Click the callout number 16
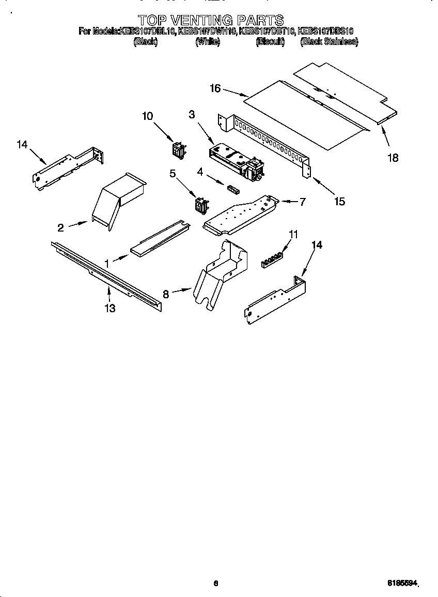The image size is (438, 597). tap(215, 88)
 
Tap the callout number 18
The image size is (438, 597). tap(393, 158)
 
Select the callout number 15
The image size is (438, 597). tap(339, 202)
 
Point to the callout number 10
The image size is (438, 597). tap(148, 116)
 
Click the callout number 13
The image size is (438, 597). tap(109, 309)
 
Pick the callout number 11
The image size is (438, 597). tap(293, 234)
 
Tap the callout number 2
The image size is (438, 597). tap(60, 227)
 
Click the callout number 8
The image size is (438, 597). tap(166, 294)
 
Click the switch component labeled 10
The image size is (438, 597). tap(179, 150)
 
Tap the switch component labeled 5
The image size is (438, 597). tap(200, 206)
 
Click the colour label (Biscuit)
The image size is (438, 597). tap(270, 42)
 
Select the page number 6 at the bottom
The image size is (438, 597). tap(216, 583)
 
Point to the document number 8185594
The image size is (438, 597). tap(402, 583)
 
